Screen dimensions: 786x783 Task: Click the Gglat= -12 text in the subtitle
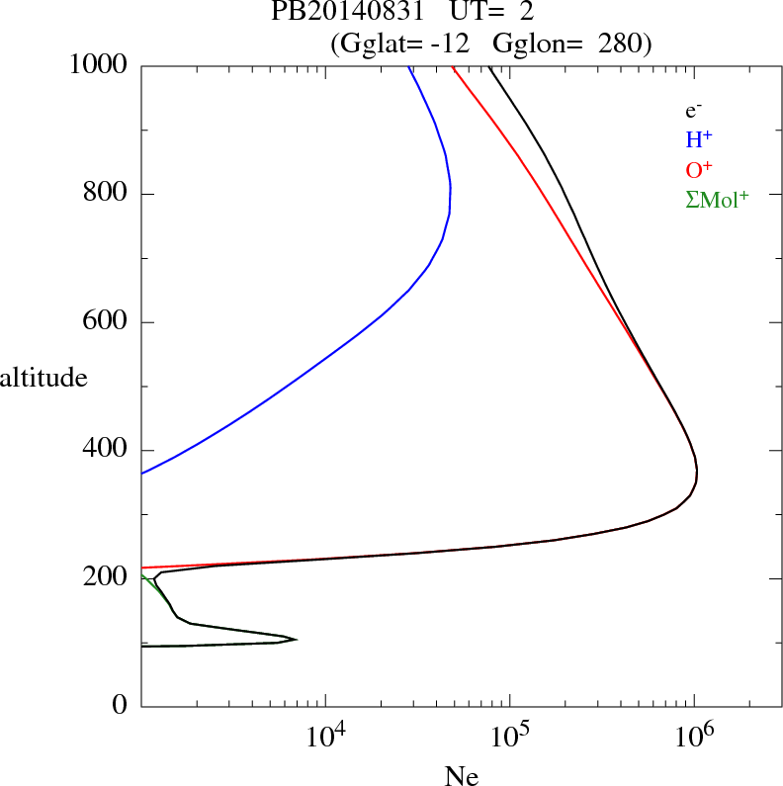coord(403,44)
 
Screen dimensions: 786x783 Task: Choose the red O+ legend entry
coord(700,170)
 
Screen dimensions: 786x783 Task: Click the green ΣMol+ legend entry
coord(716,199)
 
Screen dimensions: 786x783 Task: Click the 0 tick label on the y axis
coord(121,706)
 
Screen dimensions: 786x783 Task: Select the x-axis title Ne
coord(460,777)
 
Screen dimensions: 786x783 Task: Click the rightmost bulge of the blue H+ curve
coord(451,188)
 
